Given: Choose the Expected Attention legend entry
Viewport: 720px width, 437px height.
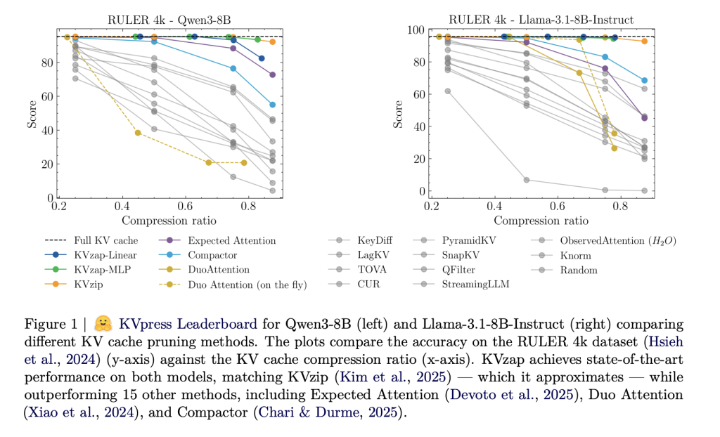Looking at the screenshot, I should (231, 240).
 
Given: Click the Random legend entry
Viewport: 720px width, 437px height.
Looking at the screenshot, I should (578, 270).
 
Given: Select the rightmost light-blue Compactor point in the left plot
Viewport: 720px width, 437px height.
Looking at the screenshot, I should (273, 105).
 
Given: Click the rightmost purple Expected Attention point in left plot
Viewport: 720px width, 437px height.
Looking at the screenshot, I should (273, 74).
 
